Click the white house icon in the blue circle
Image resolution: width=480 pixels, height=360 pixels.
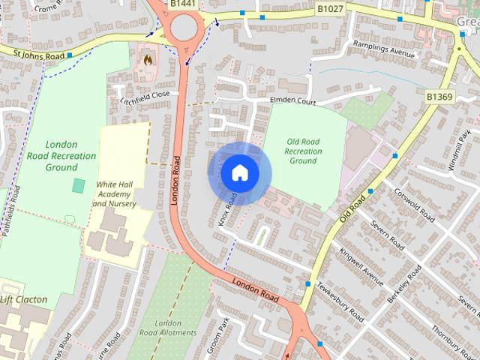click(x=239, y=173)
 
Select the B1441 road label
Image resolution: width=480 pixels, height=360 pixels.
click(x=183, y=4)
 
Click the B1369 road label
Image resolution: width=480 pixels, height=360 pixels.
click(x=440, y=96)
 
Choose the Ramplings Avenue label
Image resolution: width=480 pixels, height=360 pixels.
click(x=385, y=54)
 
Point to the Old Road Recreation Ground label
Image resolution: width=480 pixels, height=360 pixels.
click(x=303, y=151)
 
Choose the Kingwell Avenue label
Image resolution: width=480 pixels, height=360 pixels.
click(x=361, y=266)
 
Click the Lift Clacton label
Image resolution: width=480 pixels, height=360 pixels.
click(x=23, y=299)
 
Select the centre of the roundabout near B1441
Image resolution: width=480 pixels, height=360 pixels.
click(x=184, y=29)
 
